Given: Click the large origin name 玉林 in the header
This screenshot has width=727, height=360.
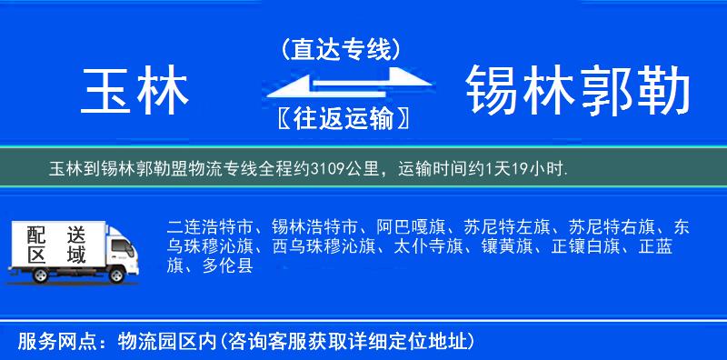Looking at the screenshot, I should click(136, 92).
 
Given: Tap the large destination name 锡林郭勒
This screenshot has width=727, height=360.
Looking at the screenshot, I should click(578, 92).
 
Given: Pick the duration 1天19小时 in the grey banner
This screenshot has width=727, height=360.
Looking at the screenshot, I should click(531, 169).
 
